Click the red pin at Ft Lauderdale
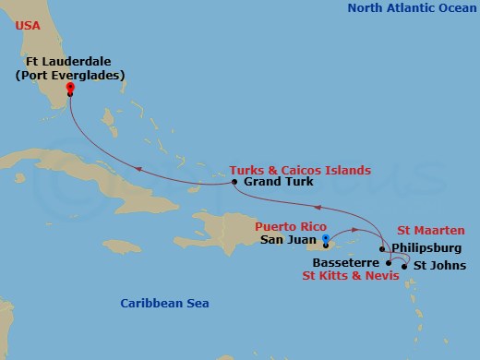pyautogui.click(x=71, y=90)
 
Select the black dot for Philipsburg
pyautogui.click(x=382, y=248)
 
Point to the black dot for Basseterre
pyautogui.click(x=389, y=263)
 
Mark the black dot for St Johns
pyautogui.click(x=404, y=266)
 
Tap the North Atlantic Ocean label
pyautogui.click(x=409, y=8)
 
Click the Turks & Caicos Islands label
pyautogui.click(x=301, y=170)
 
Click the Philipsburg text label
pyautogui.click(x=424, y=247)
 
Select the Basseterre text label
pyautogui.click(x=349, y=262)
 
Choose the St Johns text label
pyautogui.click(x=433, y=266)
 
